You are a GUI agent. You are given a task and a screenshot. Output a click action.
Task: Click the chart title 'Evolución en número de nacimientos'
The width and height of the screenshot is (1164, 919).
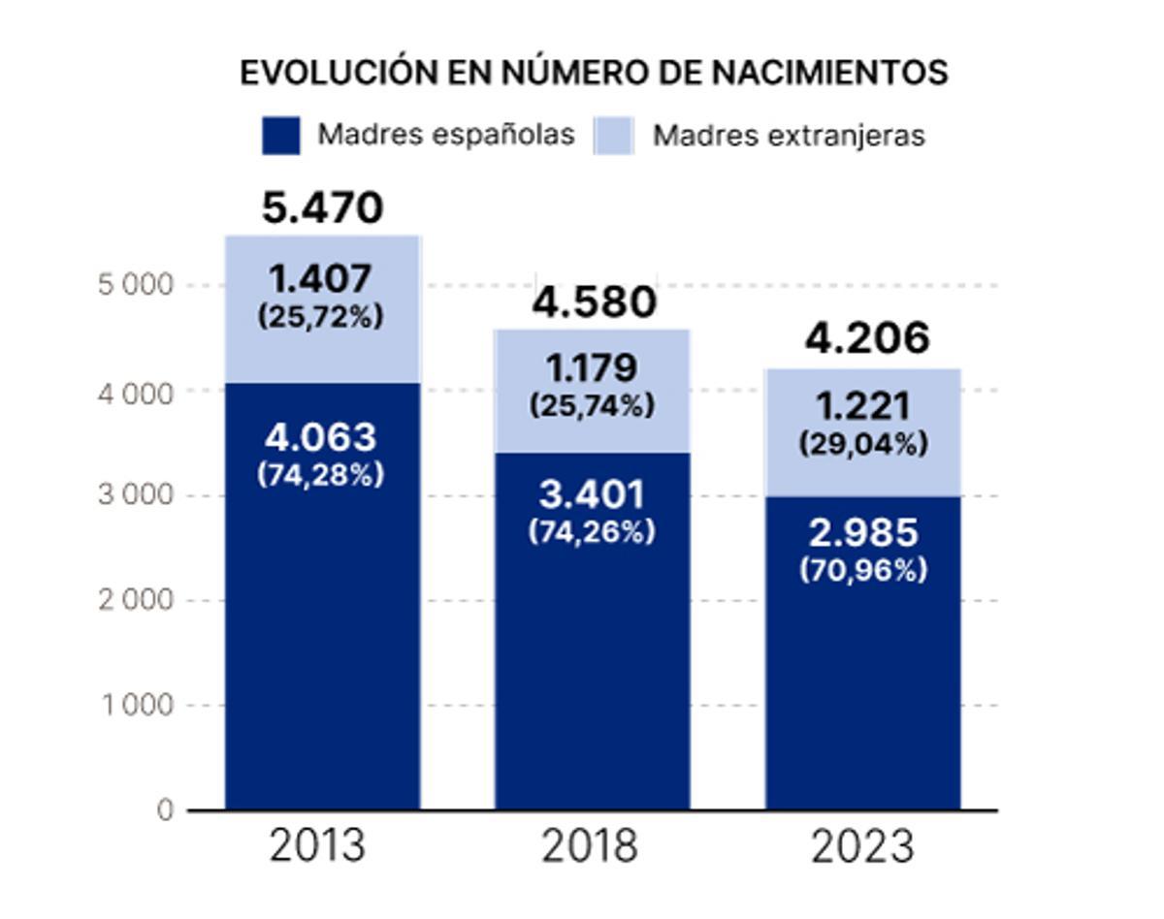click(x=594, y=73)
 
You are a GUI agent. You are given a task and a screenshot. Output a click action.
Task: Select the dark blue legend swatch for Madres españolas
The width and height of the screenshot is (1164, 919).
click(x=280, y=135)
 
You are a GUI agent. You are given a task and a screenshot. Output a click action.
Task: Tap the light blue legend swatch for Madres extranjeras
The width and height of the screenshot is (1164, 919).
click(x=613, y=135)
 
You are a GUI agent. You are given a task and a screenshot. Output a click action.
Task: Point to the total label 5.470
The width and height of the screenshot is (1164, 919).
click(x=322, y=208)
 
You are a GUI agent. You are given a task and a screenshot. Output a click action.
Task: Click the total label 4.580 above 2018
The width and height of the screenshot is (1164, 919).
click(x=595, y=302)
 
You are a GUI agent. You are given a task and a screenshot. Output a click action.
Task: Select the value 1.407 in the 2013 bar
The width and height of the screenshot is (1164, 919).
click(x=320, y=279)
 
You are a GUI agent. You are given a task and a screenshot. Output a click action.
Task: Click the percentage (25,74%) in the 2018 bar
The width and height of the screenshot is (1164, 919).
click(x=592, y=405)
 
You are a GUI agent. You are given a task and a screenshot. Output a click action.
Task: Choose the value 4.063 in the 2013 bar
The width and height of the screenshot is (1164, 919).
click(x=320, y=438)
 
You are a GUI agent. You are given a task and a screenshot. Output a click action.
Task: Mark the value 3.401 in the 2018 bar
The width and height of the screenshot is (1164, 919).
click(x=592, y=494)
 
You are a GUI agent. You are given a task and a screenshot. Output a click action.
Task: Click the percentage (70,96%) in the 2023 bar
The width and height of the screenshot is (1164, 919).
click(x=863, y=571)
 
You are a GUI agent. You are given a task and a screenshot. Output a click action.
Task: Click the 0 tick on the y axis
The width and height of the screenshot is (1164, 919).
click(x=165, y=809)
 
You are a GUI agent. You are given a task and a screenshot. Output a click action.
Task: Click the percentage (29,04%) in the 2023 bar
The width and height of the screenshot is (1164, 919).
click(x=863, y=444)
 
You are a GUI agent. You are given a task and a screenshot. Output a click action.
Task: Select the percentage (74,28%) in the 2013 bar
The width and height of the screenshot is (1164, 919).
click(x=320, y=475)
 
